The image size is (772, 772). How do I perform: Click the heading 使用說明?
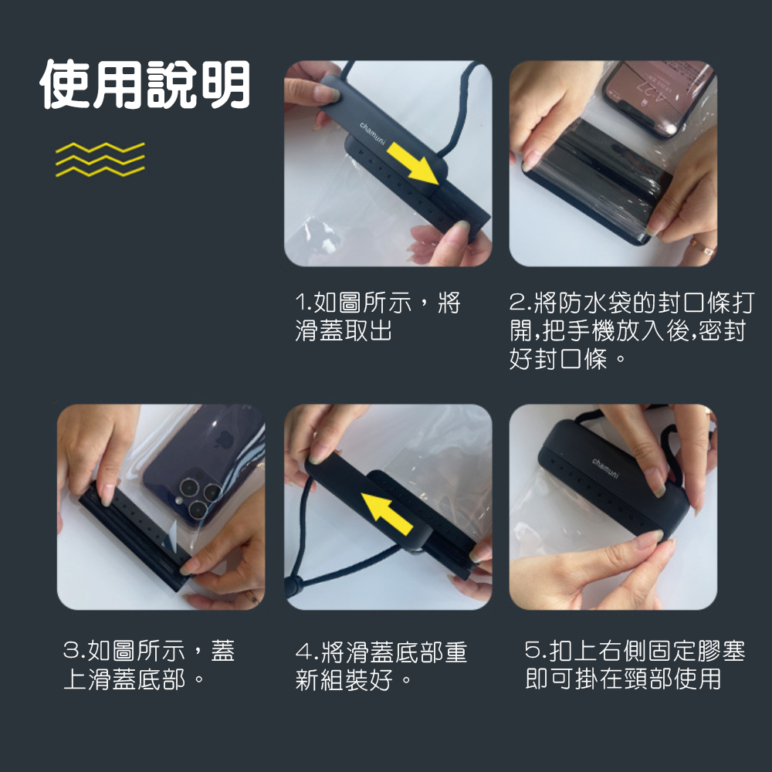click(145, 84)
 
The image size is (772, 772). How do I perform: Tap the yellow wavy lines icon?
click(100, 159)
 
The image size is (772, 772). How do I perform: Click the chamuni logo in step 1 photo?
click(373, 132)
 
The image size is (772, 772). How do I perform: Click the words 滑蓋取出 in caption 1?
click(344, 331)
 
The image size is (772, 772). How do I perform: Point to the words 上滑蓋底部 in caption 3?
click(124, 679)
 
